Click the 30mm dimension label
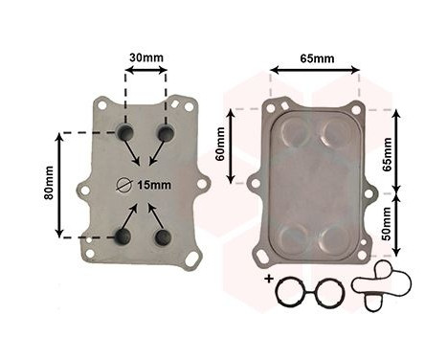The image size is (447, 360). [x=146, y=57]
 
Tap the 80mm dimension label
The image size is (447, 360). [x=49, y=183]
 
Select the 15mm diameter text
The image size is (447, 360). [x=154, y=185]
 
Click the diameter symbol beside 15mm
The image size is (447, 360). [x=123, y=185]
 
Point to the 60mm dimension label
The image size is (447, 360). [x=220, y=144]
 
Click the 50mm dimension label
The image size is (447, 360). [x=386, y=223]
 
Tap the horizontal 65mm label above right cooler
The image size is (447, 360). [x=317, y=58]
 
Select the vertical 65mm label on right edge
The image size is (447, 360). [x=387, y=154]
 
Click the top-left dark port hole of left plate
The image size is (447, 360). [x=125, y=132]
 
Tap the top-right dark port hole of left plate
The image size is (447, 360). [x=166, y=133]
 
